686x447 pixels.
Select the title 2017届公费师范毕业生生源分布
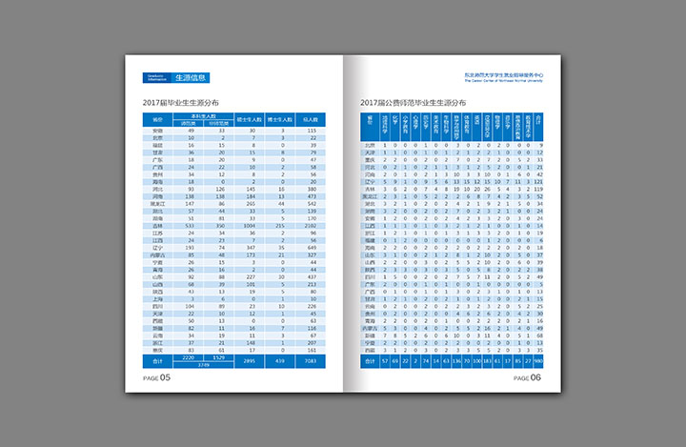[414, 101]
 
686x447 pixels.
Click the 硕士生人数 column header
[252, 119]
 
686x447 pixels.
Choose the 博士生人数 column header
[282, 119]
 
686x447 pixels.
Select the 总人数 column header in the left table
[311, 119]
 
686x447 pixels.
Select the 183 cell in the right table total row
[485, 362]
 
